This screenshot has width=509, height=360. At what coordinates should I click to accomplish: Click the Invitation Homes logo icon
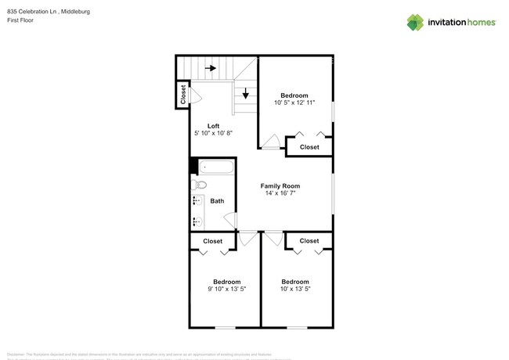click(415, 22)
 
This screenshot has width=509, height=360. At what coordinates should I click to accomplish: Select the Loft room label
click(213, 126)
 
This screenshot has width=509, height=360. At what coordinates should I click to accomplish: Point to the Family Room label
click(280, 186)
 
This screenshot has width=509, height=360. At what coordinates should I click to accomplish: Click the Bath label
click(217, 201)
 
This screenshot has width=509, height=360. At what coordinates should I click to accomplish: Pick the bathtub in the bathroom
click(215, 167)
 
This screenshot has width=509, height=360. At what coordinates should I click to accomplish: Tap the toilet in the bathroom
click(198, 185)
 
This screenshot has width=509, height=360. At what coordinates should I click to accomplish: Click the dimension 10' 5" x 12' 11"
click(294, 103)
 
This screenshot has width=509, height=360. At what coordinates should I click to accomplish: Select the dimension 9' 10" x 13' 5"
click(226, 290)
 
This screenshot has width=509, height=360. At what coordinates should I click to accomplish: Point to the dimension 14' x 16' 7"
click(280, 194)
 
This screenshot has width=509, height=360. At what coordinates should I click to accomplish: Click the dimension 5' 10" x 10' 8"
click(213, 134)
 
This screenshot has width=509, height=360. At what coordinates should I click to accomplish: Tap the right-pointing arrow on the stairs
click(211, 69)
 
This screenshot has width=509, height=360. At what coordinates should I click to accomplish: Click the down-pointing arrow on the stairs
click(246, 94)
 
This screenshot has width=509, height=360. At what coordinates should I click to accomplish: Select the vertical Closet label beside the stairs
click(183, 95)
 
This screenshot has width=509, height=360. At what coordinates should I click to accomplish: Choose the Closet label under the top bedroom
click(309, 147)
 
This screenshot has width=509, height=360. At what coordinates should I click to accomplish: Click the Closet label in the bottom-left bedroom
click(213, 241)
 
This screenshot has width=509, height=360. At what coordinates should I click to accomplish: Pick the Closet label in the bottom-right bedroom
click(309, 241)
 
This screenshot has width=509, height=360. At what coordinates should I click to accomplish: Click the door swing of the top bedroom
click(271, 142)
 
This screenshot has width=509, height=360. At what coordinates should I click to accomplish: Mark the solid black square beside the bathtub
click(193, 166)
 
